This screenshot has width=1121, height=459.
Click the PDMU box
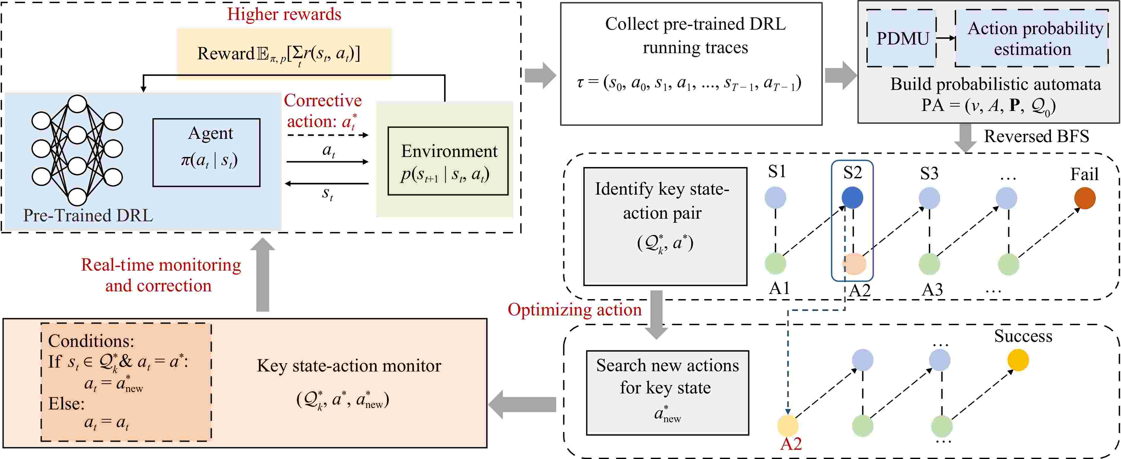pyautogui.click(x=902, y=38)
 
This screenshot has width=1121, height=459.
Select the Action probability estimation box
pyautogui.click(x=1031, y=38)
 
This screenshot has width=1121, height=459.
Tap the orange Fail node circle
pyautogui.click(x=1085, y=198)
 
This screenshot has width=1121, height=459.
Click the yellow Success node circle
pyautogui.click(x=1018, y=360)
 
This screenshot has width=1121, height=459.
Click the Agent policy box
pyautogui.click(x=206, y=153)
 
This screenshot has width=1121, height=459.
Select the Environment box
pyautogui.click(x=448, y=161)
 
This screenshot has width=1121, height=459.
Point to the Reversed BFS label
pyautogui.click(x=1036, y=136)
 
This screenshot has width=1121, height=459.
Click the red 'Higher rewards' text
pyautogui.click(x=284, y=14)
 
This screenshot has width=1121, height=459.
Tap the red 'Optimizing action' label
pyautogui.click(x=574, y=310)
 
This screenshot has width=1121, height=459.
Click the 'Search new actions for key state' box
pyautogui.click(x=667, y=392)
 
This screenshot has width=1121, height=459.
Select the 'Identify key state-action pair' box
pyautogui.click(x=665, y=226)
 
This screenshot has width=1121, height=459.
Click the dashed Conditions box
pyautogui.click(x=126, y=382)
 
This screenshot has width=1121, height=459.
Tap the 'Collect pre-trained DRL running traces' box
pyautogui.click(x=691, y=63)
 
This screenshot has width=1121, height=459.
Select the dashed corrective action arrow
pyautogui.click(x=327, y=135)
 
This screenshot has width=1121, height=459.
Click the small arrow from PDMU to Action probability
pyautogui.click(x=945, y=38)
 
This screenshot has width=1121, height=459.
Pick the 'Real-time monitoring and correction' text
pyautogui.click(x=160, y=275)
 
